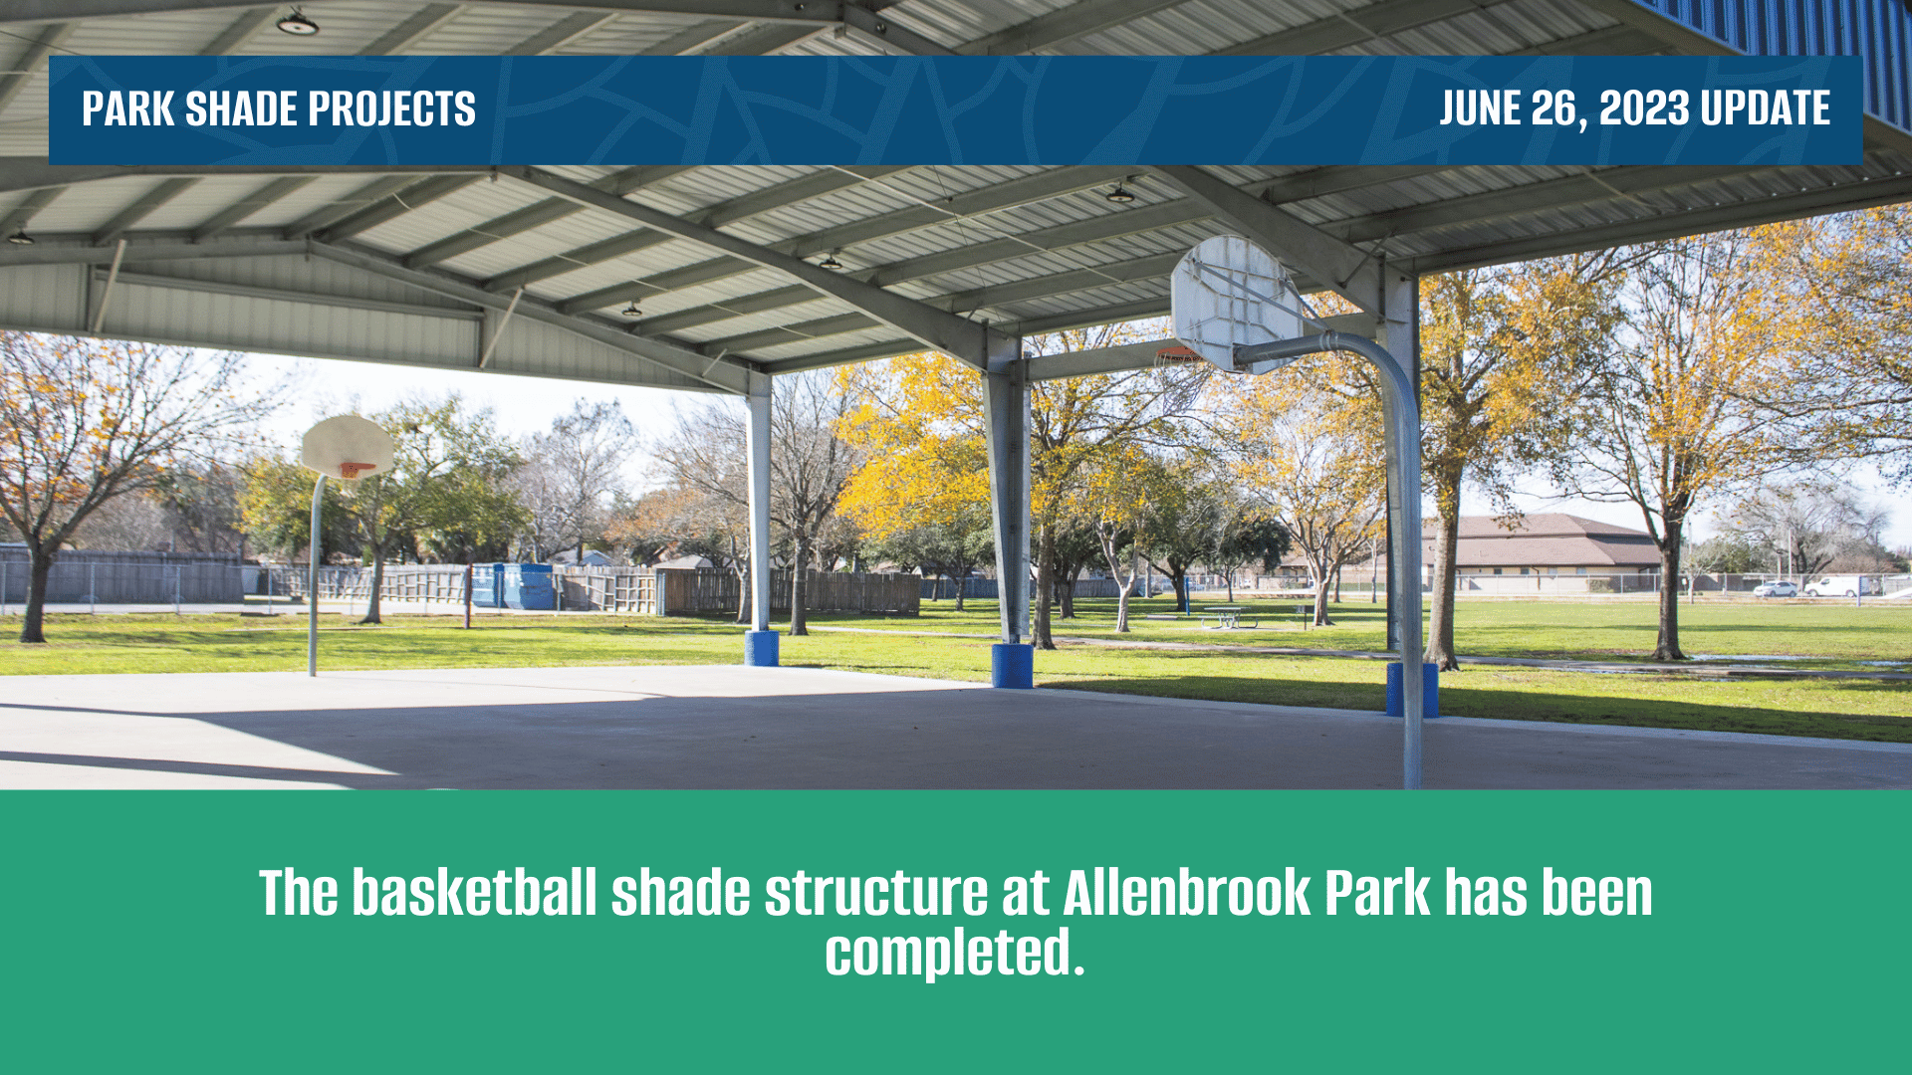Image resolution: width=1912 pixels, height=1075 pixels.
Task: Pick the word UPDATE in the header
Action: point(1766,108)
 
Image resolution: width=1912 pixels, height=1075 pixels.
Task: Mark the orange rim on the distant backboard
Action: point(356,469)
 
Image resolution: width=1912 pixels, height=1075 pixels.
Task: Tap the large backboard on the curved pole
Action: point(1236,304)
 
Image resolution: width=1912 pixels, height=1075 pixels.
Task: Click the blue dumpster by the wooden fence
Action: point(512,585)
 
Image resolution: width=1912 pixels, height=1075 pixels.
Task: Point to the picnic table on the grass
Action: point(1228,617)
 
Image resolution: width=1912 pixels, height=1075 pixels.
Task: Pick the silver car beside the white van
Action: point(1776,589)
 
